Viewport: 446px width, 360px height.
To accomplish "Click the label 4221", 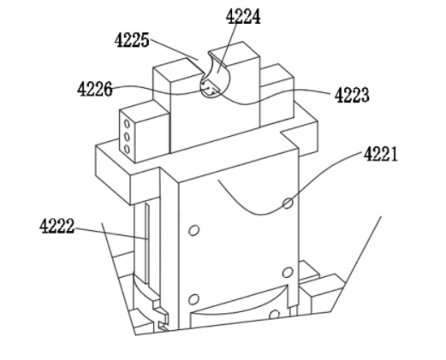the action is (x=380, y=155).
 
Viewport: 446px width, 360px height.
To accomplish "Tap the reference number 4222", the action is (x=56, y=227).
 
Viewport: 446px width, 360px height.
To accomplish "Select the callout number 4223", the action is (x=352, y=95).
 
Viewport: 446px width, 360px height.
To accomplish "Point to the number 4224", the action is (x=243, y=16).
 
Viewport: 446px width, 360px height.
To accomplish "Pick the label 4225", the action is (x=132, y=40).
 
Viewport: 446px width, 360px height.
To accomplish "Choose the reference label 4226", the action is (x=95, y=89).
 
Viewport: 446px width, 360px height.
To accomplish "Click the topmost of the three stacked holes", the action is (x=127, y=124).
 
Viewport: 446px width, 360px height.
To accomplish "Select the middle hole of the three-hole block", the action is (x=127, y=137).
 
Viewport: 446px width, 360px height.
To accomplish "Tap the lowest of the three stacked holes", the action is (x=127, y=149).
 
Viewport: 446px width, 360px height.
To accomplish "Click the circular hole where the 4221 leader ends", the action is (x=288, y=204).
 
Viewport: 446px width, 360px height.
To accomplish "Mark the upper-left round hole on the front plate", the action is (x=193, y=230).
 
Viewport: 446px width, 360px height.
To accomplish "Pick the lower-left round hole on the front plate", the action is (x=193, y=299).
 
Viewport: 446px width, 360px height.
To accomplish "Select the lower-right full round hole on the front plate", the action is (x=288, y=273).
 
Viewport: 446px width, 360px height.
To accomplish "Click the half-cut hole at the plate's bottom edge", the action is (x=274, y=315).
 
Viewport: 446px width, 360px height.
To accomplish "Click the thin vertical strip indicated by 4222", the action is (x=147, y=243).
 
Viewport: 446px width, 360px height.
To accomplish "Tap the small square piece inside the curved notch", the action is (x=210, y=89).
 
